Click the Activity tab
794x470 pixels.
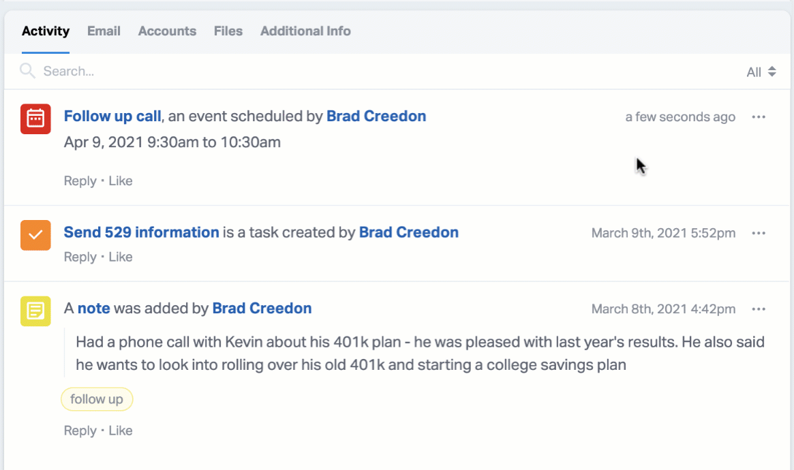(46, 31)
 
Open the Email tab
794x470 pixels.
(104, 31)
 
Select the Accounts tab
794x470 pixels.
(167, 31)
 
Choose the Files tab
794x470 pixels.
(228, 31)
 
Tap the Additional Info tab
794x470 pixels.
(305, 31)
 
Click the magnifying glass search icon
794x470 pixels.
(27, 71)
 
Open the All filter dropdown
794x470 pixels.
(761, 72)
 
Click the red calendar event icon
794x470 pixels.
(35, 119)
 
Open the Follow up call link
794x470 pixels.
(112, 116)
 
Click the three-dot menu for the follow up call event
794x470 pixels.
(759, 117)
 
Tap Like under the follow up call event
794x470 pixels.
(121, 181)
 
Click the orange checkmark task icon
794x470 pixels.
(35, 235)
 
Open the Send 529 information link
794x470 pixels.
(141, 232)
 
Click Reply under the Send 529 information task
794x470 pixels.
(80, 257)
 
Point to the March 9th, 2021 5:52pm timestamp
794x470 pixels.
(663, 233)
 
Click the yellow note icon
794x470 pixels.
(35, 311)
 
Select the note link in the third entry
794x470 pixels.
(93, 308)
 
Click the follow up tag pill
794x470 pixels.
(97, 399)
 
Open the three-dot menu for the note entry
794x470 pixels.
(759, 309)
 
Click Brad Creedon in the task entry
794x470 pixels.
(409, 232)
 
